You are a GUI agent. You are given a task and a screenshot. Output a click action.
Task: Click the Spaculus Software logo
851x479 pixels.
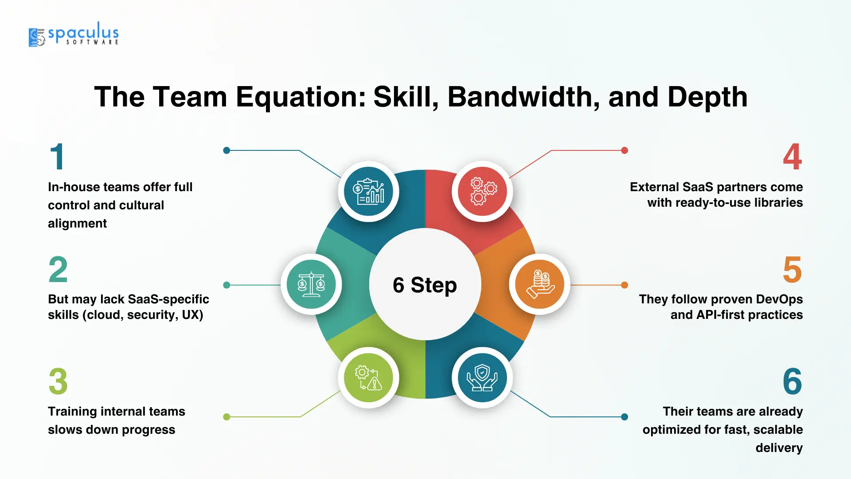point(74,34)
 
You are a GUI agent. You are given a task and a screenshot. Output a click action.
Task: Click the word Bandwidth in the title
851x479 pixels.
point(523,97)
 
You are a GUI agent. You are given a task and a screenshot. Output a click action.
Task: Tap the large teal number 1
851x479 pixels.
point(58,157)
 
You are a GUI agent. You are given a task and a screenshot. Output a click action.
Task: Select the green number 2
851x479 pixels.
point(58,269)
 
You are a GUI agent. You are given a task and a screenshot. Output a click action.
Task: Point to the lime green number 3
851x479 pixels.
point(58,381)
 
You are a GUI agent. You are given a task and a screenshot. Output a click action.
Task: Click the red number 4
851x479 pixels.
point(792,157)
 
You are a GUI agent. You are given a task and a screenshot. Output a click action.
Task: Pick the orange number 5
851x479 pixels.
point(792,269)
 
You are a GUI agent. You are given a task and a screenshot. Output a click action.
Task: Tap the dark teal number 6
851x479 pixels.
point(792,381)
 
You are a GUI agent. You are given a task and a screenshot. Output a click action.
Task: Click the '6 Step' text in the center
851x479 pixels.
point(425,285)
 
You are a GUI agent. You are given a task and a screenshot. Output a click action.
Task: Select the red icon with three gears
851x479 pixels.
point(483,191)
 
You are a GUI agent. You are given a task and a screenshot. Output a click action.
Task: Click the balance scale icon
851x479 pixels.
point(311,284)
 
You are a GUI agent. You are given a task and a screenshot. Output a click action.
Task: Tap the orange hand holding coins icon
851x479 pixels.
point(540,284)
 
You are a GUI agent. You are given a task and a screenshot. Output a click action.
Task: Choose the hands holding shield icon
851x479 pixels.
point(482,377)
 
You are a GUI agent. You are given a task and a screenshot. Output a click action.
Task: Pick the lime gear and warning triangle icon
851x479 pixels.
point(368,378)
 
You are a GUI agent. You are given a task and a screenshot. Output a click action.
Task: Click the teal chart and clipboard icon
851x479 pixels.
point(368,191)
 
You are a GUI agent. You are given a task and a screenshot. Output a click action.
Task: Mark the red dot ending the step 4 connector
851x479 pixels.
point(625,150)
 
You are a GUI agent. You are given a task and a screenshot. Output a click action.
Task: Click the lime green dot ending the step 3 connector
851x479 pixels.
point(226,417)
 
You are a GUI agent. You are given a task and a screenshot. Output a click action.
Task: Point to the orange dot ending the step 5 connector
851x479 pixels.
point(625,285)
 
